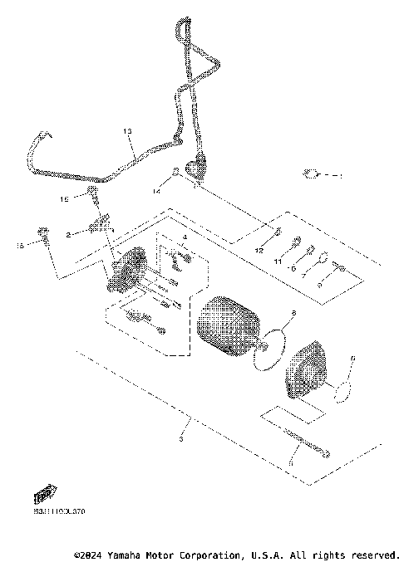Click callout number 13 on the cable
[x=128, y=132]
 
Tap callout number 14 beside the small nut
[x=155, y=191]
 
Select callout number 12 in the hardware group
[x=259, y=250]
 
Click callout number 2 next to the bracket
[x=69, y=235]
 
